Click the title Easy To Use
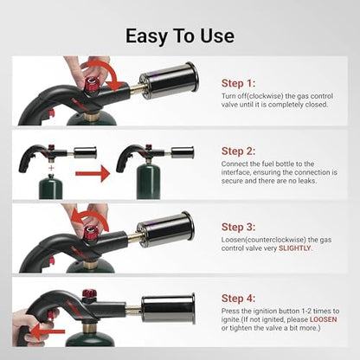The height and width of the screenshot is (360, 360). click(x=179, y=35)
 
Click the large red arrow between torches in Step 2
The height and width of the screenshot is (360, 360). click(x=93, y=173)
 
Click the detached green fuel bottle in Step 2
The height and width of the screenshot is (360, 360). click(x=54, y=186)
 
